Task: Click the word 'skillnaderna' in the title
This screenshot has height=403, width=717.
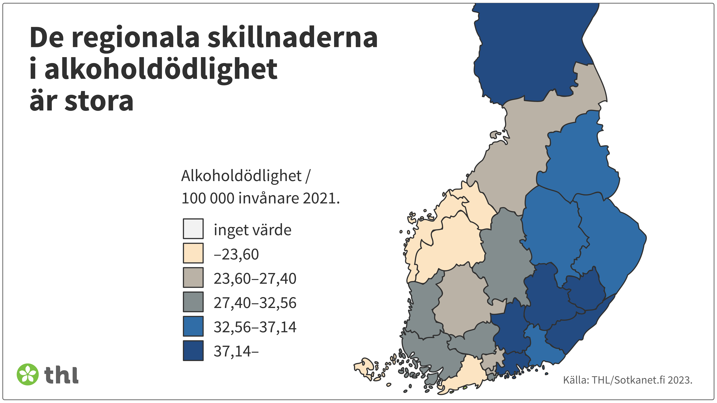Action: coord(292,38)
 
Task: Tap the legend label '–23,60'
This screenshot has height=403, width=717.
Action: coord(236,254)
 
